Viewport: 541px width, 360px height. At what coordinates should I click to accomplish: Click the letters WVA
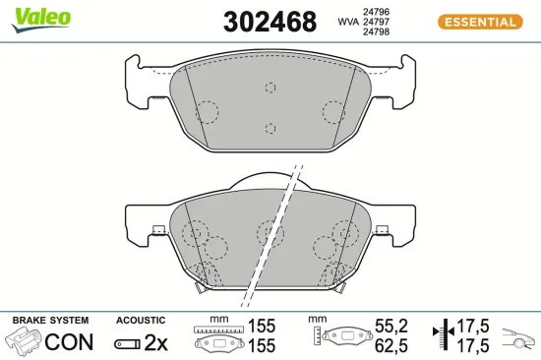348,21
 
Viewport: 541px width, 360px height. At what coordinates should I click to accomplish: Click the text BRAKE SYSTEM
50,321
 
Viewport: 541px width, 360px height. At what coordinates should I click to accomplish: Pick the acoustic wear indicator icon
127,343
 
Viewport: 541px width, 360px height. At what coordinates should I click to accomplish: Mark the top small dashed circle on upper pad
271,87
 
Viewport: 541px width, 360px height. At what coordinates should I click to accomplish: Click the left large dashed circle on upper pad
208,112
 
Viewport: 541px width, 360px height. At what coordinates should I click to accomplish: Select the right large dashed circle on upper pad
334,112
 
